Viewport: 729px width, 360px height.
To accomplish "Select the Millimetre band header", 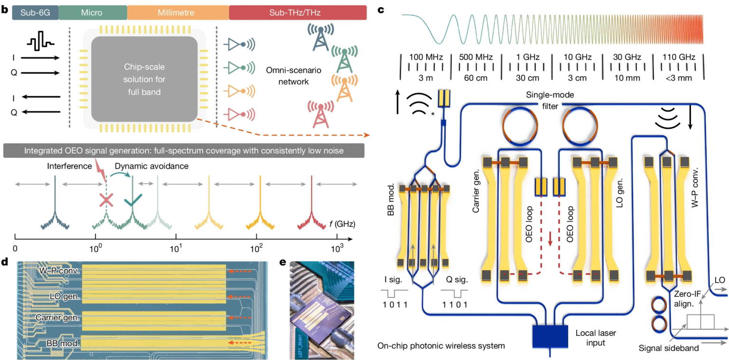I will [178, 13].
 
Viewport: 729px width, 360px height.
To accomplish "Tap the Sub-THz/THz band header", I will [298, 13].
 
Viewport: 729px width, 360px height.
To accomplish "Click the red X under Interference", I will [106, 201].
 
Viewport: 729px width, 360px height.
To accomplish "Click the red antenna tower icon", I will [319, 113].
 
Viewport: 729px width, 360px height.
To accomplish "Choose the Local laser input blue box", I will [551, 336].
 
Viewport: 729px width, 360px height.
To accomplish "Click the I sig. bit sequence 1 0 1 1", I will [394, 305].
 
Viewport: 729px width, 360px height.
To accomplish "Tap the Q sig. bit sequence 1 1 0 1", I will [454, 305].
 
